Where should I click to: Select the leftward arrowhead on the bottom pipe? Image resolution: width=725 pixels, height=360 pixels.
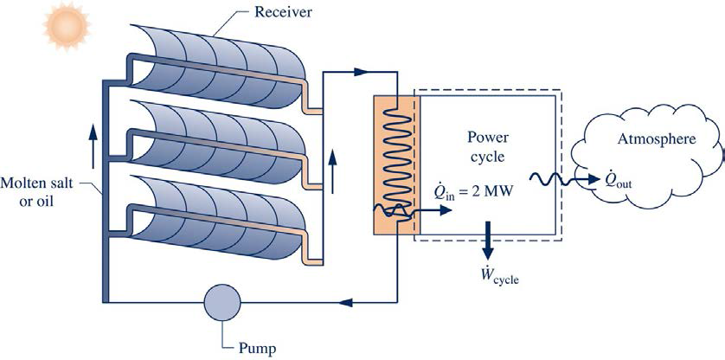345,303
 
